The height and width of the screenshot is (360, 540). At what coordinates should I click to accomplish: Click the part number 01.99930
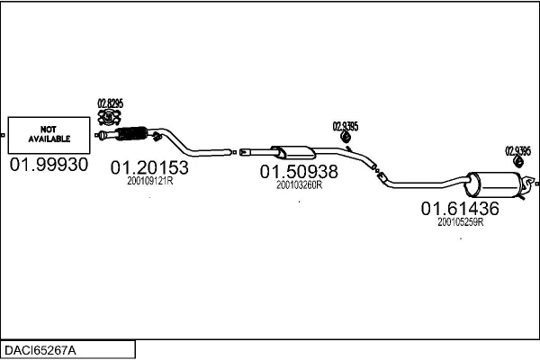point(49,165)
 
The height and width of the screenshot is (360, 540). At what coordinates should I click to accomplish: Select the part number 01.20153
point(149,167)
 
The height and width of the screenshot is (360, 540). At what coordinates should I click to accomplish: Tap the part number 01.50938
point(299,172)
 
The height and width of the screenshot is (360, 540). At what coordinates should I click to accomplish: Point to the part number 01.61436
point(460,209)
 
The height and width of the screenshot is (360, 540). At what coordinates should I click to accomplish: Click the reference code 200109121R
point(149,181)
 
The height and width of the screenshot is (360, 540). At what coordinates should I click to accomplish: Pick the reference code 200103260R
point(300,185)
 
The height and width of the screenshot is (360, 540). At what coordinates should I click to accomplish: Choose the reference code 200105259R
point(461,222)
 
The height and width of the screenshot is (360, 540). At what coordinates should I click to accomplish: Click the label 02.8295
point(110,103)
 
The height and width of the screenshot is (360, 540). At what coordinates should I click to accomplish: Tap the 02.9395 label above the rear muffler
point(518,151)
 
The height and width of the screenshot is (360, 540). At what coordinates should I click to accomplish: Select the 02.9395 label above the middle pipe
point(346,126)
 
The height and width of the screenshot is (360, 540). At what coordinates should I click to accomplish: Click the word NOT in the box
point(49,130)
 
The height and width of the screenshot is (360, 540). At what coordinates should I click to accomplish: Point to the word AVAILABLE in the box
point(49,139)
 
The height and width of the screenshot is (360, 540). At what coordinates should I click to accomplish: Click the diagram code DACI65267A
point(40,350)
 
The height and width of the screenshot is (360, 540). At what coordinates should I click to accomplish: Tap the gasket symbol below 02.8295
point(109,117)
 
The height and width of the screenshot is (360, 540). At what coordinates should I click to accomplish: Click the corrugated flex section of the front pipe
point(131,134)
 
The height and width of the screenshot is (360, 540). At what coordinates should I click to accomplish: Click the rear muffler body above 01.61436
point(493,184)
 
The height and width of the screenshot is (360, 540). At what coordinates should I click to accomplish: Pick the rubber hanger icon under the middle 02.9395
point(346,137)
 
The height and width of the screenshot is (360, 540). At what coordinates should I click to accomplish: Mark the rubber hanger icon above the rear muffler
point(518,162)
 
